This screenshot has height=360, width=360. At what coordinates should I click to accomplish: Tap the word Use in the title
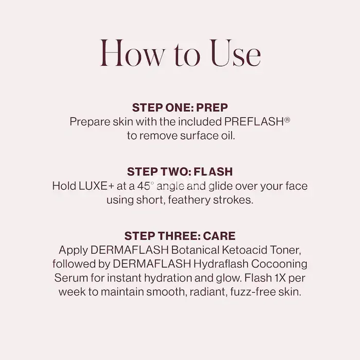[x=236, y=53]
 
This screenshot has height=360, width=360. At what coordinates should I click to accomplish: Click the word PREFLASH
[x=254, y=122]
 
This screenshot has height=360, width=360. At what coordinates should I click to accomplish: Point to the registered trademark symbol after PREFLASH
[x=287, y=120]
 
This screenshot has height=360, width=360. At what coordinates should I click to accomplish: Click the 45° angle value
[x=144, y=186]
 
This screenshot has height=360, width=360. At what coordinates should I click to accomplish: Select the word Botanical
[x=195, y=250]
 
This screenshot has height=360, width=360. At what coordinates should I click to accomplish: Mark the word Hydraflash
[x=221, y=264]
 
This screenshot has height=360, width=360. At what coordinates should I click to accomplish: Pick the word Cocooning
[x=279, y=264]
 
